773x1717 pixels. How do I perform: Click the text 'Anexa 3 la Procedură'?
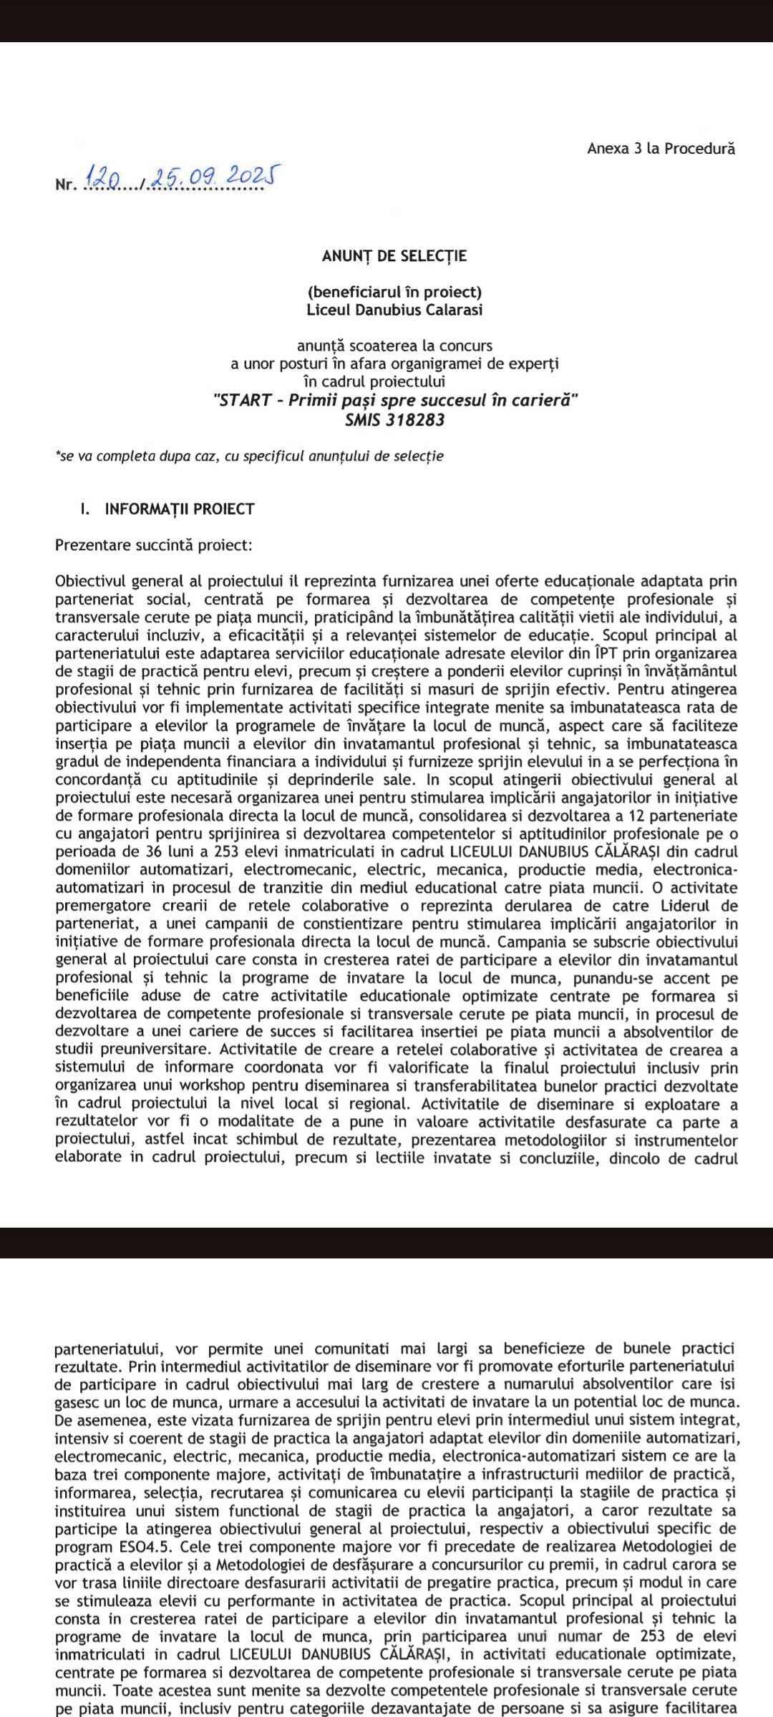tap(661, 149)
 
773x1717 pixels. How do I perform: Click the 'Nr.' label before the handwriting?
tap(65, 185)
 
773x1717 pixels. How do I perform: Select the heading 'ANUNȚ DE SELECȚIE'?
tap(394, 256)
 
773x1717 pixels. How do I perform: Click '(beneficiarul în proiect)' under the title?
tap(394, 292)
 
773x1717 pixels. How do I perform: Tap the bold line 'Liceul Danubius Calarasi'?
tap(394, 310)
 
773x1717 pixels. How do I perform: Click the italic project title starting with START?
tap(395, 401)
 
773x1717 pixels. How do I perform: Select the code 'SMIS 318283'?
tap(394, 420)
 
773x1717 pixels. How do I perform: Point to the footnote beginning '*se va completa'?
tap(249, 456)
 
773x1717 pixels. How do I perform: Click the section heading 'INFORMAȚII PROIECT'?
tap(180, 509)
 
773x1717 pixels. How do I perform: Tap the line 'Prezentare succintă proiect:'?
tap(154, 545)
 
